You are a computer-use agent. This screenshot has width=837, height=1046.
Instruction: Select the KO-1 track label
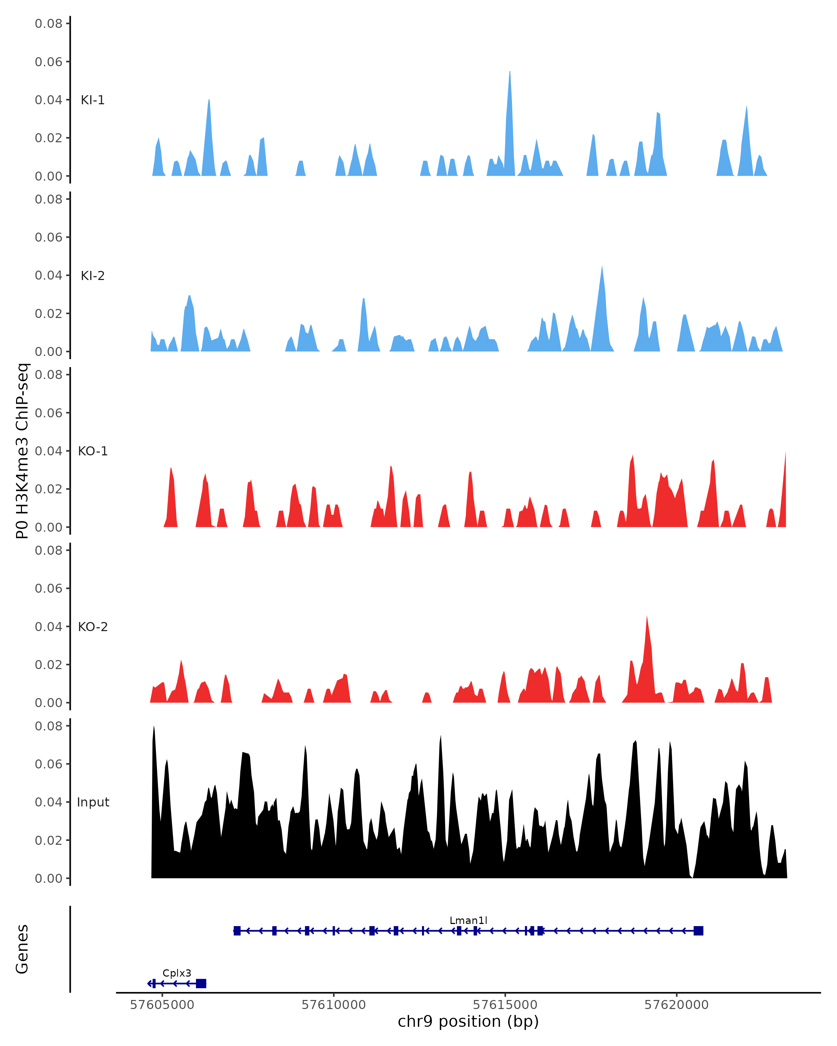pyautogui.click(x=93, y=451)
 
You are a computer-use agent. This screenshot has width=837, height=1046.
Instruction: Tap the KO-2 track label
pyautogui.click(x=93, y=627)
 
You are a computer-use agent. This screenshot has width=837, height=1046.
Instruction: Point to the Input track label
pyautogui.click(x=93, y=802)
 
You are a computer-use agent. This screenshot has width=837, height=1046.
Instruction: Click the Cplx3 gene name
pyautogui.click(x=176, y=973)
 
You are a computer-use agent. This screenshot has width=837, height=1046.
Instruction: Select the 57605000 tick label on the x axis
pyautogui.click(x=162, y=1005)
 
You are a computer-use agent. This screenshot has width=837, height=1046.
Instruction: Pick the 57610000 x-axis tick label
pyautogui.click(x=333, y=1005)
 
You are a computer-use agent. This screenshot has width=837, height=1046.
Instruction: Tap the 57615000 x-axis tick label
pyautogui.click(x=505, y=1005)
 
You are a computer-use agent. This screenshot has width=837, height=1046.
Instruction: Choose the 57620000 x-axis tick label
pyautogui.click(x=676, y=1005)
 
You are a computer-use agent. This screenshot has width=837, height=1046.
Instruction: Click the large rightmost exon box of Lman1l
pyautogui.click(x=698, y=931)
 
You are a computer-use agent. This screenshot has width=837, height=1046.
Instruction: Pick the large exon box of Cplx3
pyautogui.click(x=201, y=984)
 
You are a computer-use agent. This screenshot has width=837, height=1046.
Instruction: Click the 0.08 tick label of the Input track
pyautogui.click(x=48, y=726)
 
